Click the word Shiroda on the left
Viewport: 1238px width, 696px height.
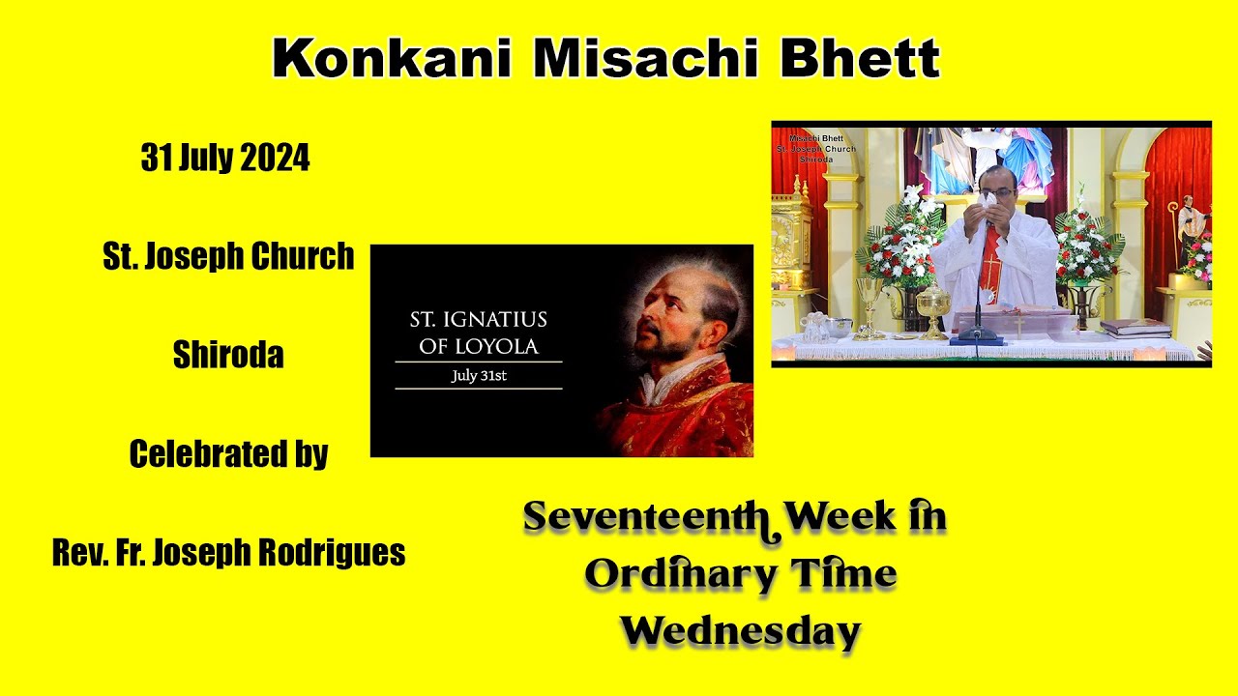point(228,356)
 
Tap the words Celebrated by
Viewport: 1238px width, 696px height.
point(228,454)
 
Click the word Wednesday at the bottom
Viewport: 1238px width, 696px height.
point(740,631)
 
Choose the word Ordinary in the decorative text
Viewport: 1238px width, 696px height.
point(673,575)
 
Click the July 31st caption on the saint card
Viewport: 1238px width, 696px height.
point(479,376)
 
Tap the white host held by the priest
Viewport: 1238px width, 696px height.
point(987,198)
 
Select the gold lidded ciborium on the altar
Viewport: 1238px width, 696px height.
point(932,309)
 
